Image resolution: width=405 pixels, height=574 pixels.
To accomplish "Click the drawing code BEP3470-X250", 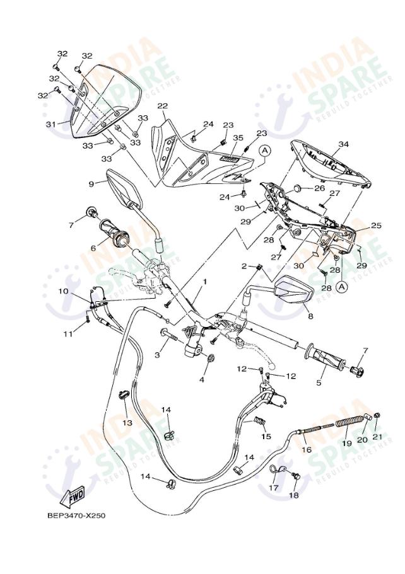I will (76, 515).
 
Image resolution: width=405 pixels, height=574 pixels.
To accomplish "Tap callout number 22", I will (162, 106).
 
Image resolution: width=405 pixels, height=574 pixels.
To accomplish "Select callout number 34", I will (343, 144).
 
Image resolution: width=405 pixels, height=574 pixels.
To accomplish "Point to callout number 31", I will (51, 124).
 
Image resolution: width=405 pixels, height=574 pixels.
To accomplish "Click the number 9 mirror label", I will (91, 183).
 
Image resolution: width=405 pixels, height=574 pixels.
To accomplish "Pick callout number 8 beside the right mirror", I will (310, 317).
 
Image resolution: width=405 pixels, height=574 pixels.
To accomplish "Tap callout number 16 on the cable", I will (307, 450).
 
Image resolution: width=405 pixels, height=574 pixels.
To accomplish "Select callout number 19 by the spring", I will (346, 444).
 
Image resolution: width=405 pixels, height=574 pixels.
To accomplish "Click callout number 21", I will (377, 437).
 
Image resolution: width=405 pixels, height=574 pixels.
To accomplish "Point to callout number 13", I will (127, 423).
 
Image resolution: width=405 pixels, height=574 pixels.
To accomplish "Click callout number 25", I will (376, 226).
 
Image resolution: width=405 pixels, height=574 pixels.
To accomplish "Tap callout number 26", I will (319, 188).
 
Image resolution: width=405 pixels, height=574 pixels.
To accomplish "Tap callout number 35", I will (238, 137).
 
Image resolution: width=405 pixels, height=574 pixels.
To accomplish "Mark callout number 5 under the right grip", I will (319, 382).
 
